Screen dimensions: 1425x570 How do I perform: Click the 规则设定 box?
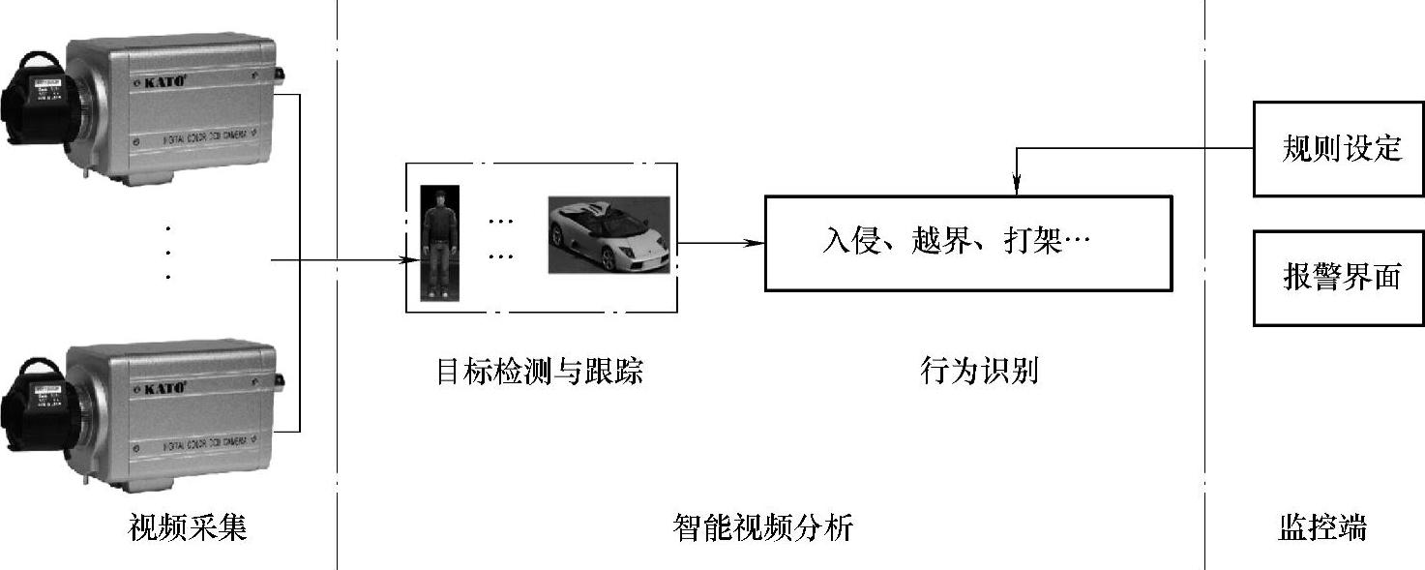click(1340, 149)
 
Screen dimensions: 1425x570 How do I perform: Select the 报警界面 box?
click(1340, 278)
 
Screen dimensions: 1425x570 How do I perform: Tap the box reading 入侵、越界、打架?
click(967, 243)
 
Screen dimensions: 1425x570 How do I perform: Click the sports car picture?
click(609, 235)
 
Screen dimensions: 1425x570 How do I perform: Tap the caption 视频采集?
click(188, 528)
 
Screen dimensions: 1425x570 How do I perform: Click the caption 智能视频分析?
click(763, 528)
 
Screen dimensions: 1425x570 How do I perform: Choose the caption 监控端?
click(1321, 528)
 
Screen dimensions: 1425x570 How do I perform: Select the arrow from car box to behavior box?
click(721, 243)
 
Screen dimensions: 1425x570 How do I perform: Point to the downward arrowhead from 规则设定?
click(1016, 184)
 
